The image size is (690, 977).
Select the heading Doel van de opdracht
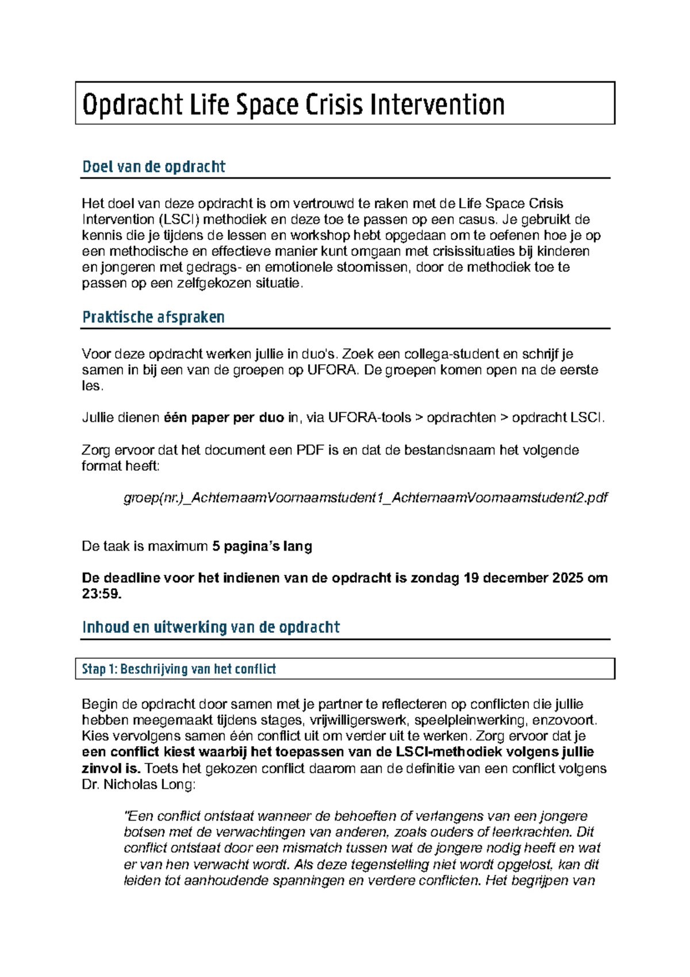point(154,167)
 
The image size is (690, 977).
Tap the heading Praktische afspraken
point(153,317)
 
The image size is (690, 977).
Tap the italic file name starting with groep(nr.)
point(366,498)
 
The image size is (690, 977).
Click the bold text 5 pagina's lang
point(262,546)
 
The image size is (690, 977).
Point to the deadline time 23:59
point(102,594)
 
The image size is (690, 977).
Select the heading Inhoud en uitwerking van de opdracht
point(211,627)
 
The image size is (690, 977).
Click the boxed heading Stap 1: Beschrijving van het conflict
point(179,669)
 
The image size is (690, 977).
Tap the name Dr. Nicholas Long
point(139,784)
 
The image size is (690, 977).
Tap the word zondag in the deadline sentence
point(435,578)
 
